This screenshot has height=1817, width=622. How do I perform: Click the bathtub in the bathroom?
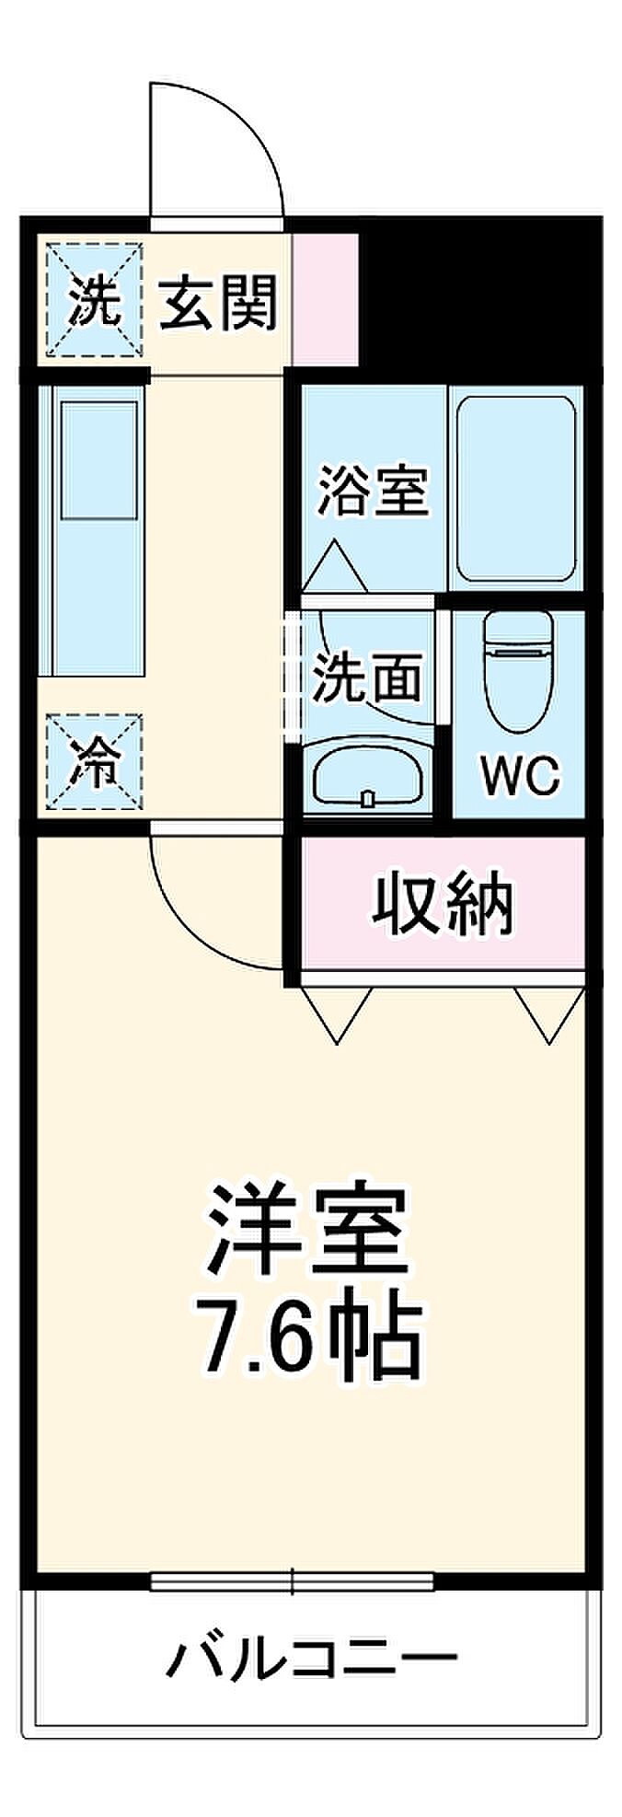pos(516,488)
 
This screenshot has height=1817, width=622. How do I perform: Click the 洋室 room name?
pos(308,1230)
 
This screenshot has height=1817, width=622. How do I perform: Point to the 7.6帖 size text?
pos(308,1337)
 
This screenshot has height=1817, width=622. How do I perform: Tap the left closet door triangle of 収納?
pos(337,1013)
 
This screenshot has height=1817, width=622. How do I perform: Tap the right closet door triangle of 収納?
pos(549,1013)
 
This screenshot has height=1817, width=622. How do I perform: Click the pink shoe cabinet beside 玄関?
pos(325,299)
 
